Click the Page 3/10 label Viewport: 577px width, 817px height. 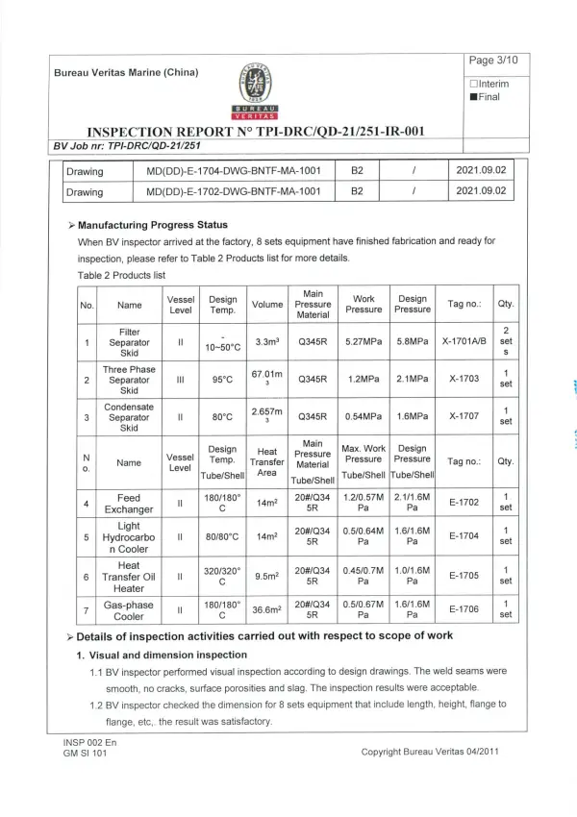(x=493, y=61)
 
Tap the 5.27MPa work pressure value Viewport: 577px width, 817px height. (x=364, y=340)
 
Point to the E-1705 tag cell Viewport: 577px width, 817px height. (x=464, y=576)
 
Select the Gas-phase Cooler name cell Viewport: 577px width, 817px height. (x=129, y=609)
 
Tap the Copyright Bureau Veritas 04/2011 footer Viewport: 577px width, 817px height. (x=430, y=752)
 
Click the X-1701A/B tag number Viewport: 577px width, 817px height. (x=464, y=340)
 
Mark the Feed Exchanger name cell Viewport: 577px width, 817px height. (x=129, y=503)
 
